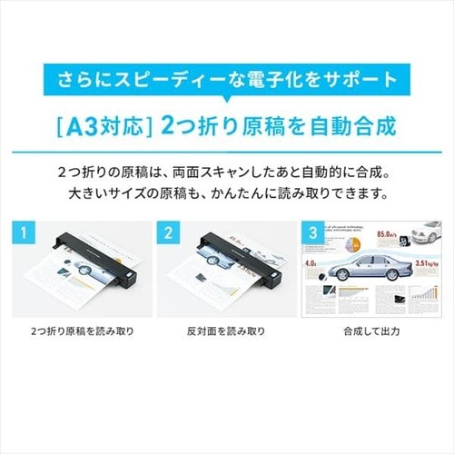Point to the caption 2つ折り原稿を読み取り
pyautogui.click(x=81, y=331)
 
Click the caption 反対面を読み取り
pyautogui.click(x=227, y=331)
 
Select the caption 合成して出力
pyautogui.click(x=372, y=331)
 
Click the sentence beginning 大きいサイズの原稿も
pyautogui.click(x=227, y=193)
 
